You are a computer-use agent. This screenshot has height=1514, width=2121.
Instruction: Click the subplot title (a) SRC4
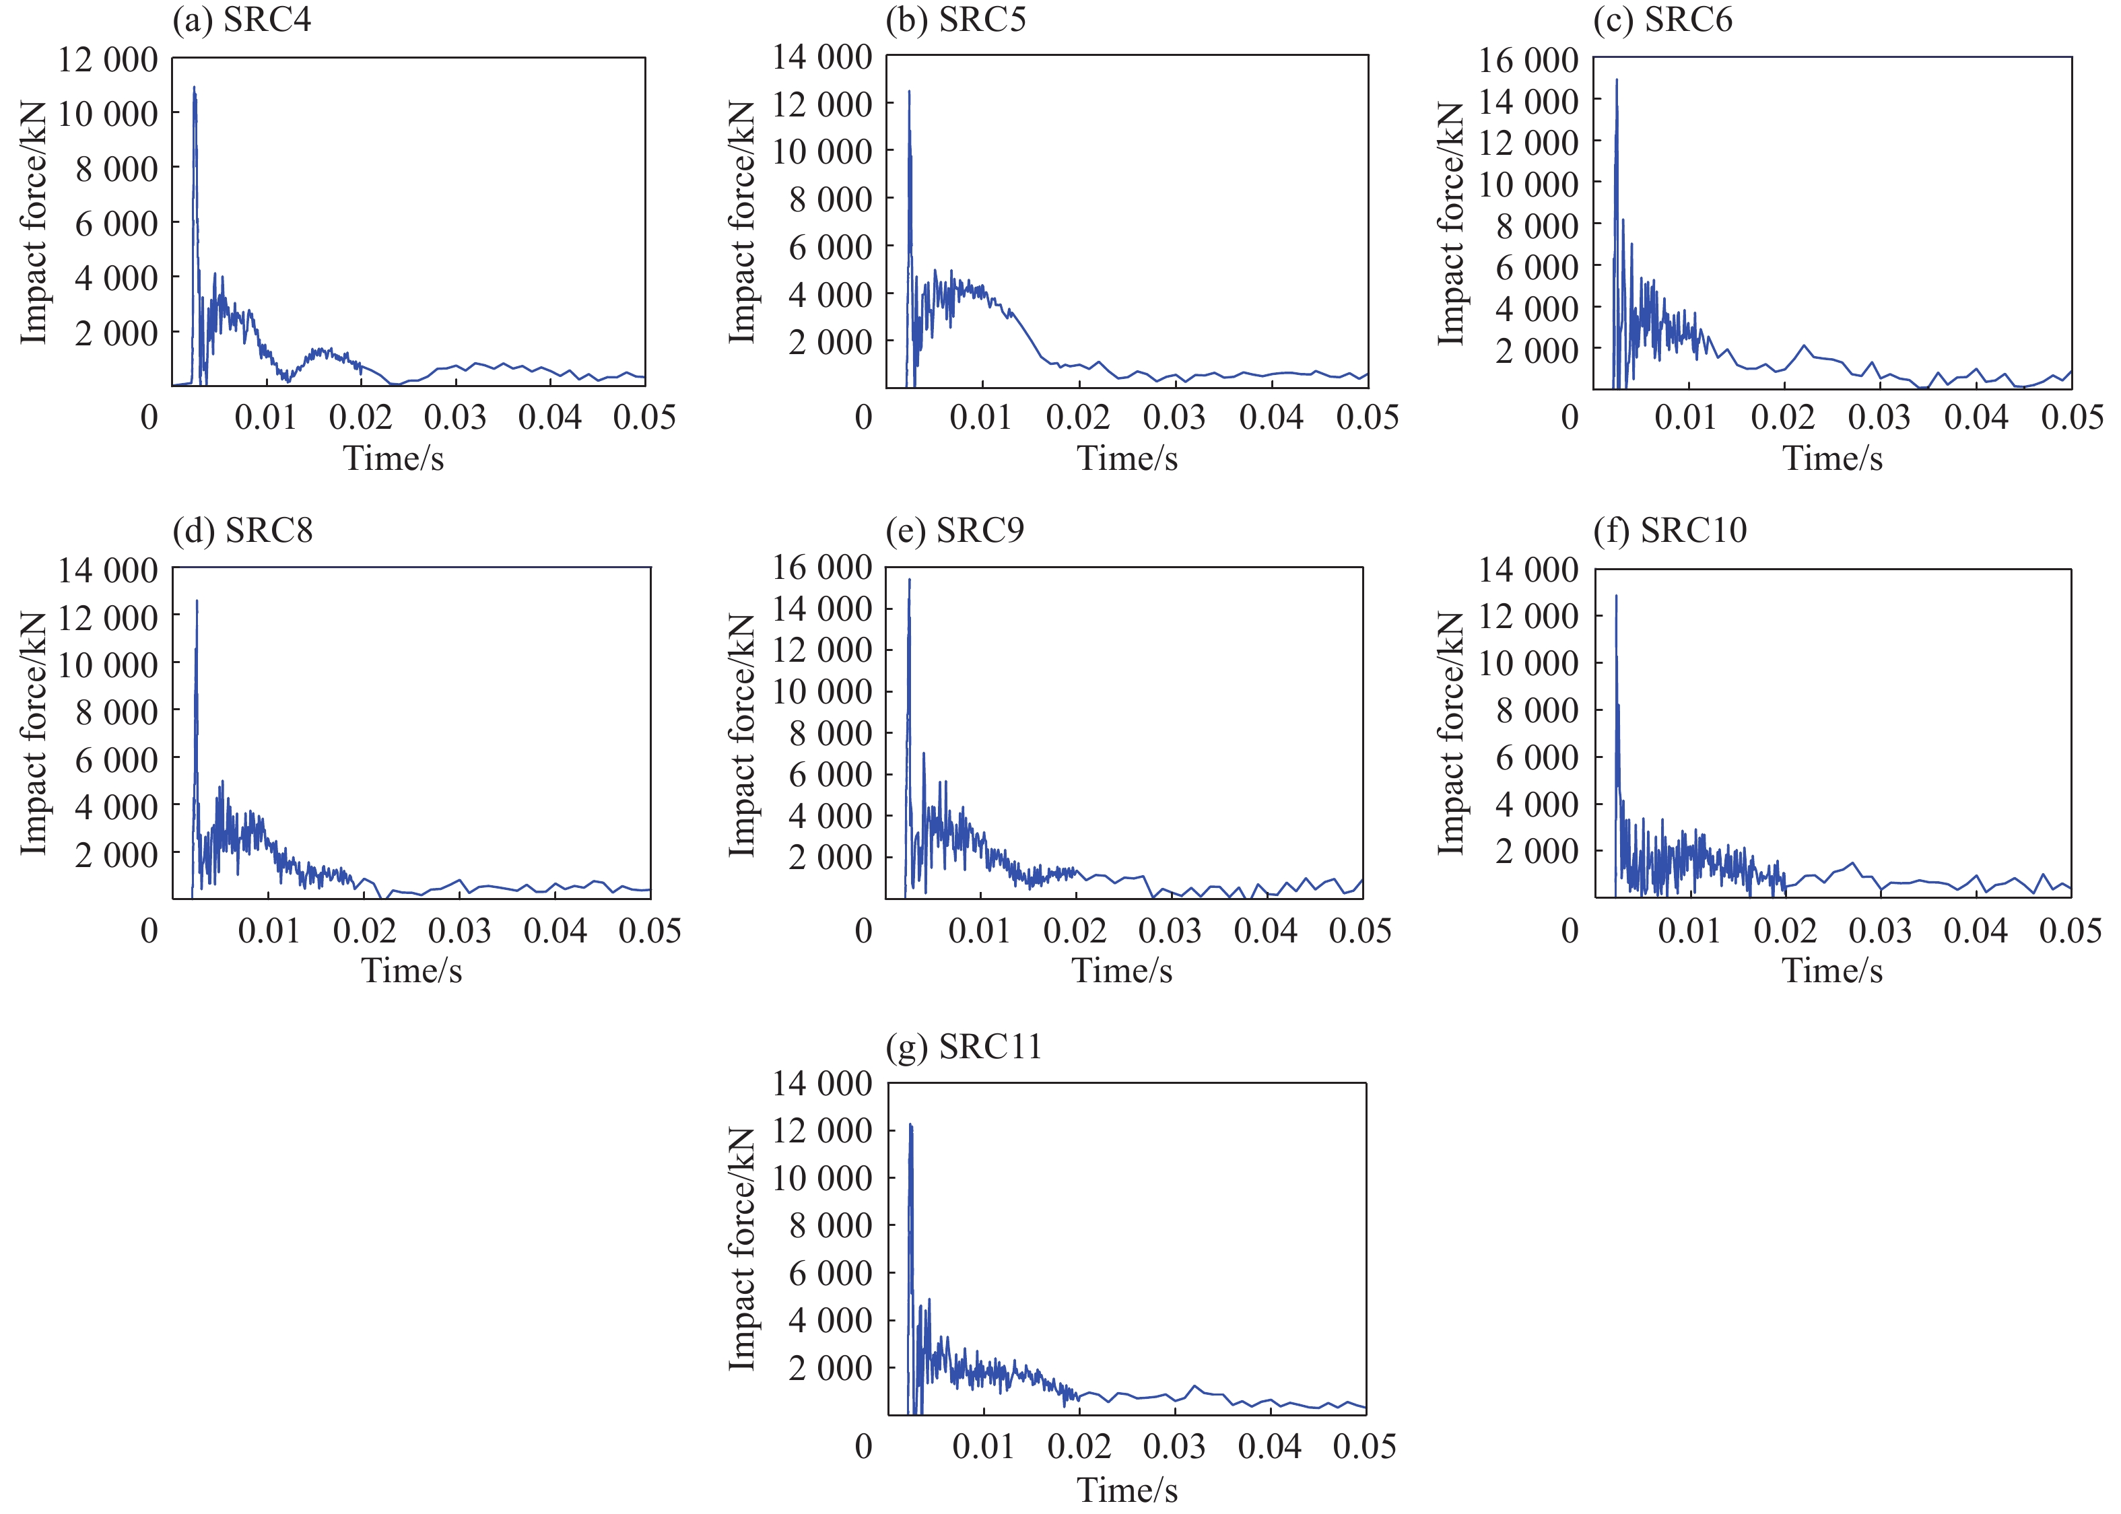(242, 20)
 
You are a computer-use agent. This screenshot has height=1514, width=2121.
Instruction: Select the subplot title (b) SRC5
(955, 20)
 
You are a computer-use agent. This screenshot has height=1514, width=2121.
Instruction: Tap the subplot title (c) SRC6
(1662, 20)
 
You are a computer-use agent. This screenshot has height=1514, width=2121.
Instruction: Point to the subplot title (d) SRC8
(242, 530)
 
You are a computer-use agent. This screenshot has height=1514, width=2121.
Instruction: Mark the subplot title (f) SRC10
(1670, 530)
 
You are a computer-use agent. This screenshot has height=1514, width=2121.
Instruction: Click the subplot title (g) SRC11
(963, 1047)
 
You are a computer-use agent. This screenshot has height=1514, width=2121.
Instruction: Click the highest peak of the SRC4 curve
(194, 88)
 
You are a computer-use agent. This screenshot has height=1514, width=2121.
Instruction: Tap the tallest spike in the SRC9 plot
(909, 580)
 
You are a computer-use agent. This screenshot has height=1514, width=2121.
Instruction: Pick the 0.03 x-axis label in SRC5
(1174, 417)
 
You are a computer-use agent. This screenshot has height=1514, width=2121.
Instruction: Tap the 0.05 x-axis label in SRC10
(2070, 930)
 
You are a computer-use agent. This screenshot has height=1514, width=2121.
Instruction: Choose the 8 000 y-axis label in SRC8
(116, 712)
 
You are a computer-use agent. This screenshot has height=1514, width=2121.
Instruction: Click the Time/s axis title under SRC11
(1127, 1489)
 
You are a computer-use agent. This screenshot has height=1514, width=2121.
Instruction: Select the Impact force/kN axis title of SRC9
(741, 734)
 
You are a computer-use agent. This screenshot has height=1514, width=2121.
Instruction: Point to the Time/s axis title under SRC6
(1832, 458)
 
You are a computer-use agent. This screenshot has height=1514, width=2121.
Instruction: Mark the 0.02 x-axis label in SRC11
(1079, 1446)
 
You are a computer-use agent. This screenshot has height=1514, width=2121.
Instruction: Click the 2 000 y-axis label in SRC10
(1537, 851)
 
